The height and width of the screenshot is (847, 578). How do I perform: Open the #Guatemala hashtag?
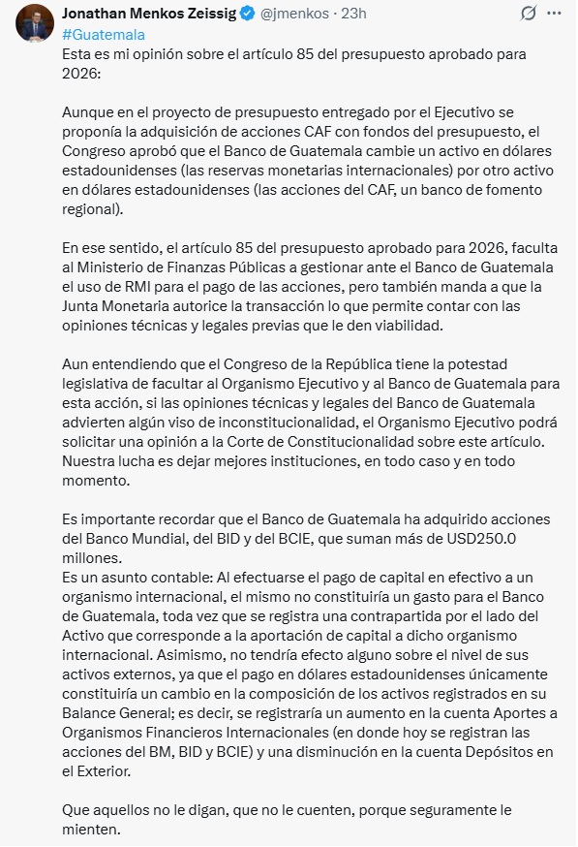point(104,34)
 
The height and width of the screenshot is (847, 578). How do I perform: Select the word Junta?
point(82,305)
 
